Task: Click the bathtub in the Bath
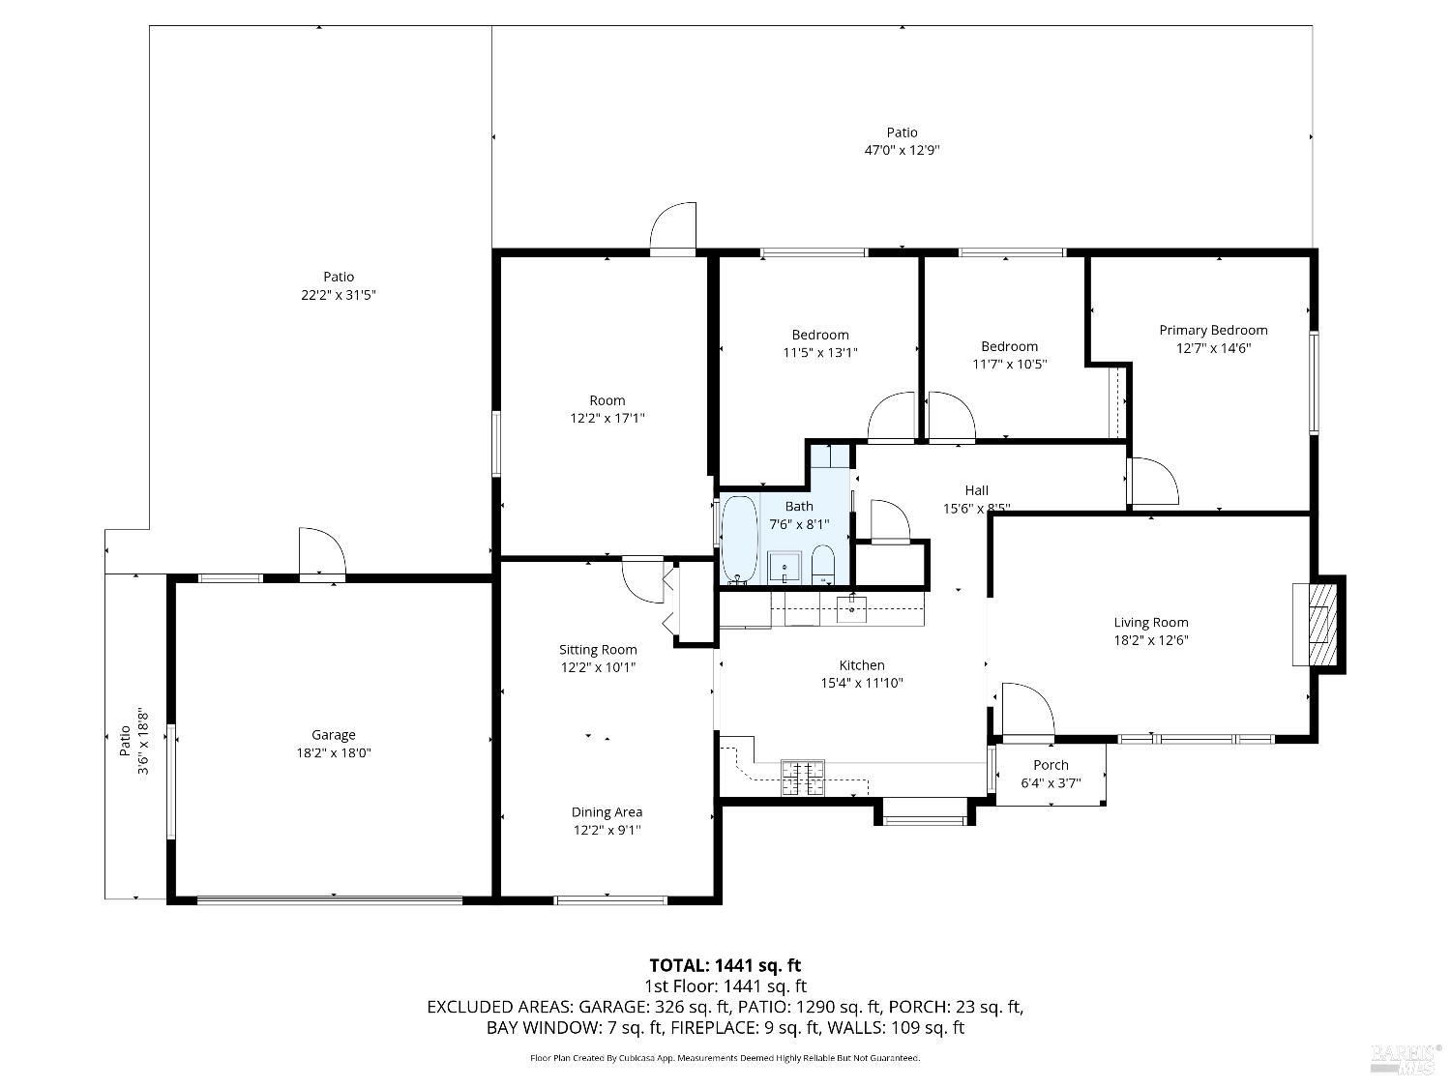pos(740,539)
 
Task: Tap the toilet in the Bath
pos(823,564)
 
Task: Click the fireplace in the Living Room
pos(1318,624)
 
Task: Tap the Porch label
pos(1051,765)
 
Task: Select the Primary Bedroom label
pos(1213,330)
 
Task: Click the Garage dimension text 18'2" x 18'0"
pos(334,752)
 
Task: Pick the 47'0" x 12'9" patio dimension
pos(902,150)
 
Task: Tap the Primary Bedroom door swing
pos(1153,482)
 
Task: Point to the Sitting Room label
pos(598,650)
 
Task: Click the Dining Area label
pos(607,812)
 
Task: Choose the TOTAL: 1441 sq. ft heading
pos(725,965)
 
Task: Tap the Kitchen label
pos(861,665)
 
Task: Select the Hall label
pos(976,490)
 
